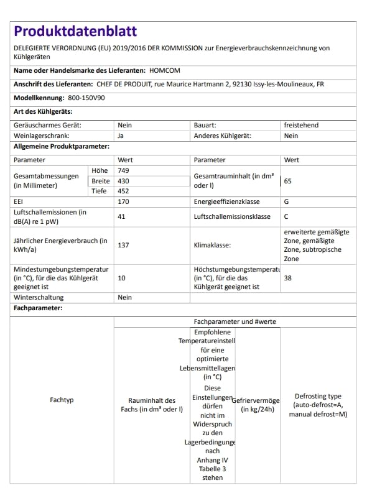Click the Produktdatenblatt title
75,31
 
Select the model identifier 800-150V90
86,98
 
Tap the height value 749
123,170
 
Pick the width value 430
123,181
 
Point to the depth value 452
123,191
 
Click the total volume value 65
287,181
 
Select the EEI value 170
123,202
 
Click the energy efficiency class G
287,202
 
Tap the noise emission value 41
122,217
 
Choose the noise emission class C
286,217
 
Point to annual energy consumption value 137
123,245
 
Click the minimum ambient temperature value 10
122,278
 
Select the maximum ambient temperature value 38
287,278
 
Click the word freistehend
301,125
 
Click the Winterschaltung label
39,298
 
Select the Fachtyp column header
62,400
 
